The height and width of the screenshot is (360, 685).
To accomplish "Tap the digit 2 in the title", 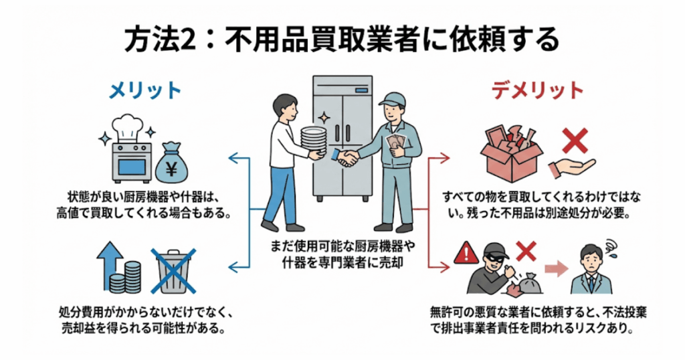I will pos(191,39).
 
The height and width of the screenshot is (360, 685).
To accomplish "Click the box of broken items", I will pos(512,151).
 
